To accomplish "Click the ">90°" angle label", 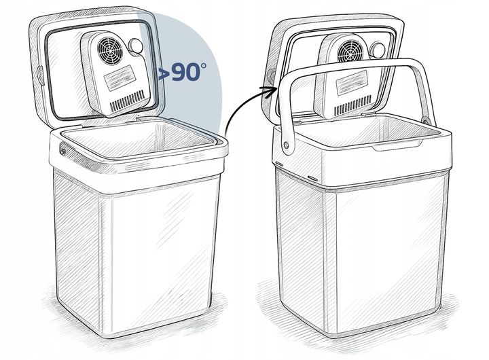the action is (183, 72).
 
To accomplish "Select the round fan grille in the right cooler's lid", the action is (350, 52).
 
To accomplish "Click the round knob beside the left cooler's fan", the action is (136, 46).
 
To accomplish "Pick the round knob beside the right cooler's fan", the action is (377, 50).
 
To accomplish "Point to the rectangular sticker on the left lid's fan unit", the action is (120, 78).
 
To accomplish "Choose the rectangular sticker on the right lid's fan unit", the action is (351, 83).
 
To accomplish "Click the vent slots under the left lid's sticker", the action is (128, 102).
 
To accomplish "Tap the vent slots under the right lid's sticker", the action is (353, 105).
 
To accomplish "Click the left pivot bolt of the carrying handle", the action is (286, 145).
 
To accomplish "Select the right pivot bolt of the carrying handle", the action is (424, 120).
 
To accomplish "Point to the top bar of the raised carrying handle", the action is (352, 66).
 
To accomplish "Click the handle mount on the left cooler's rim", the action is (63, 150).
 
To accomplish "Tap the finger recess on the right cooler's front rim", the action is (397, 146).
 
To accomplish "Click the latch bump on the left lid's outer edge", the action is (40, 74).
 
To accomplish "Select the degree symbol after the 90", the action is (203, 66).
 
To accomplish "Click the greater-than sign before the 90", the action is (164, 74).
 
